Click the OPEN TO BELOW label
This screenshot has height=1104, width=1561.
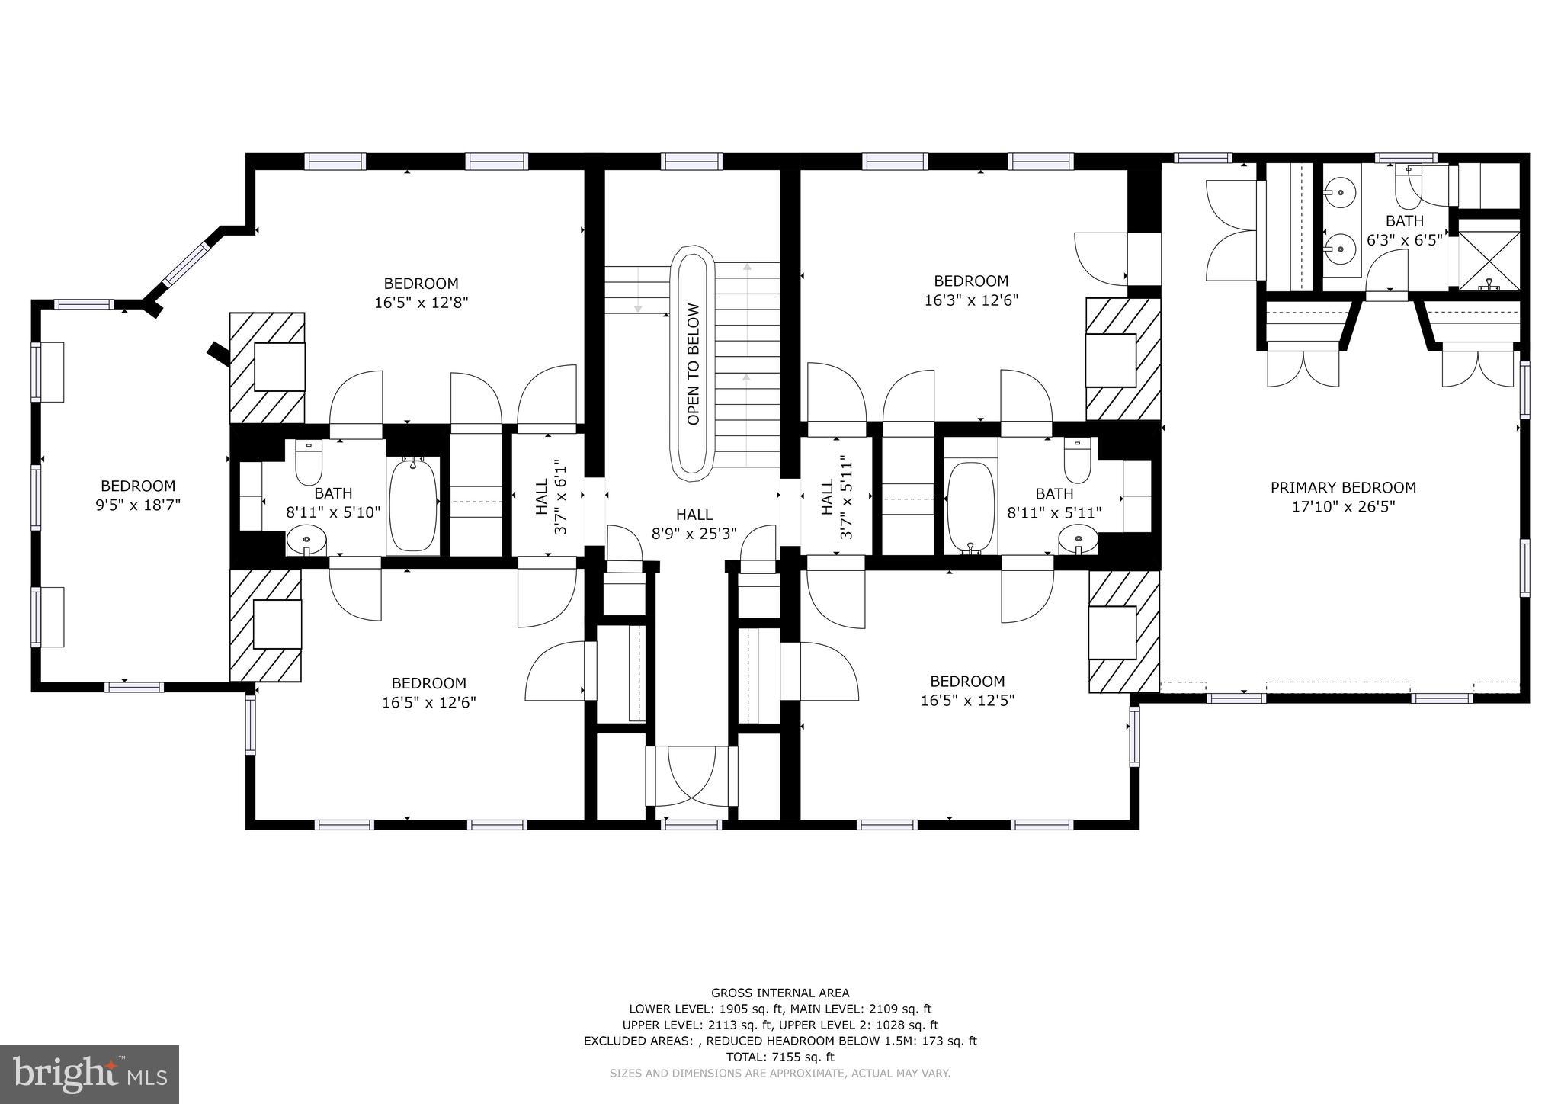(x=693, y=364)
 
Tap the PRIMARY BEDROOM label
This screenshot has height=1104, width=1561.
(x=1342, y=487)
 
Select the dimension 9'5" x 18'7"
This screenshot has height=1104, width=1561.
(x=138, y=504)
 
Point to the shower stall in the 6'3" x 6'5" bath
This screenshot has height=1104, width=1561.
(x=1489, y=261)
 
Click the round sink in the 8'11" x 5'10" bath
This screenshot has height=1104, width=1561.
(x=306, y=543)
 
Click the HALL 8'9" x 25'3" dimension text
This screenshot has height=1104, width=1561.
(x=694, y=534)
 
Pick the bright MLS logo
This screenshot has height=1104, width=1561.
(x=90, y=1074)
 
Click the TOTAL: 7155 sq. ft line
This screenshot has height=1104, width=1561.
(x=780, y=1057)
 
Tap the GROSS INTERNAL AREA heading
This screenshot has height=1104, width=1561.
(x=780, y=993)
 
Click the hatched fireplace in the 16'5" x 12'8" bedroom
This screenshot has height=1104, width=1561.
(x=268, y=367)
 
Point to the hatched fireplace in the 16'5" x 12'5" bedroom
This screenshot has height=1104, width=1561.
(x=1123, y=632)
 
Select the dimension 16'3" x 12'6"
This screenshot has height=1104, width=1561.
(x=971, y=300)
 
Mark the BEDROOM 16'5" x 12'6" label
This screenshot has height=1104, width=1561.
(x=428, y=692)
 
